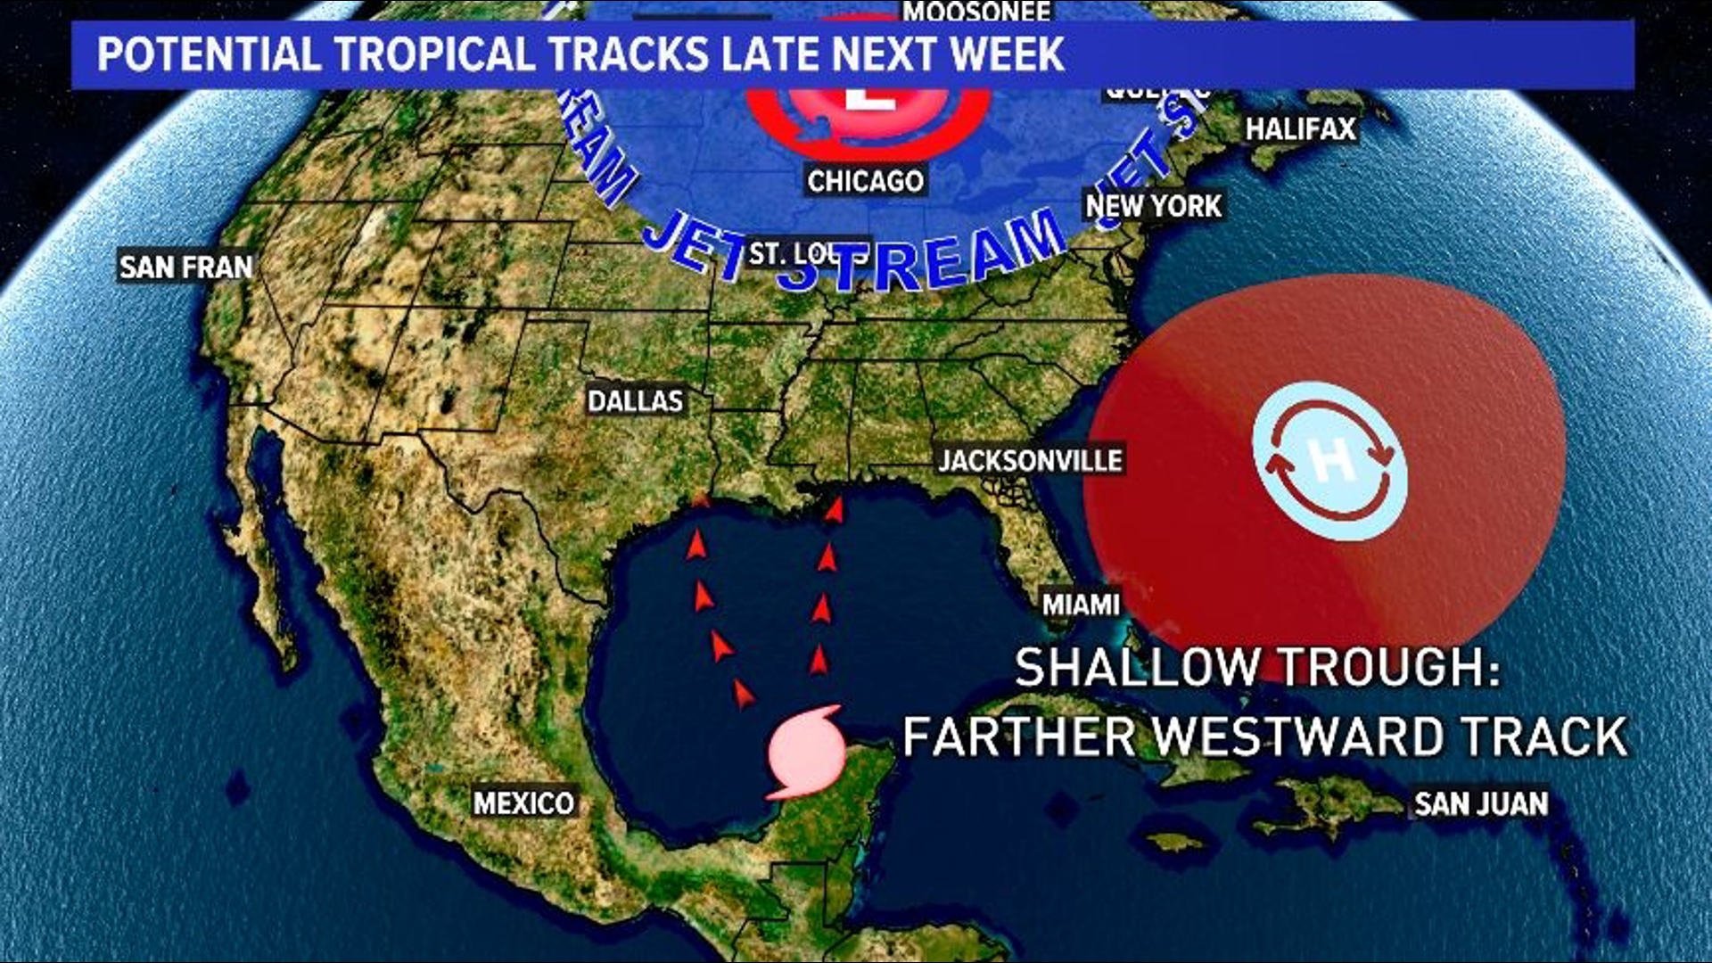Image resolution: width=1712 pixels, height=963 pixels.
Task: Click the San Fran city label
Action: (x=186, y=267)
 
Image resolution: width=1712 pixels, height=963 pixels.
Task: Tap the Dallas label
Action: (x=635, y=401)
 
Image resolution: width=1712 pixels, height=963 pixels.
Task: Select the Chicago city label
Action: (x=865, y=181)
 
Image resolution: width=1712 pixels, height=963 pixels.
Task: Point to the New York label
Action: (x=1153, y=206)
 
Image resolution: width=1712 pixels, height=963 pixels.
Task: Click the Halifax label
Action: (x=1300, y=129)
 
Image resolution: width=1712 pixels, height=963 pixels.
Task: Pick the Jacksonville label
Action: (x=1030, y=460)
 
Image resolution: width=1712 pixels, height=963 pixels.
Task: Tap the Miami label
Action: (x=1081, y=605)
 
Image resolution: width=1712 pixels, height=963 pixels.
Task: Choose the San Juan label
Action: (x=1481, y=803)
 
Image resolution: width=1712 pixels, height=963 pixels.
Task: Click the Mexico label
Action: (x=523, y=803)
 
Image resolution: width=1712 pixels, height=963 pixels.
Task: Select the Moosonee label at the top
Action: (x=977, y=12)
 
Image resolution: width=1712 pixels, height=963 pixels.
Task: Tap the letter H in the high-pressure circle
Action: (x=1329, y=461)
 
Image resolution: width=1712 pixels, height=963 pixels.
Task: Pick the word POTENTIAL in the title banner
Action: (x=209, y=54)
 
